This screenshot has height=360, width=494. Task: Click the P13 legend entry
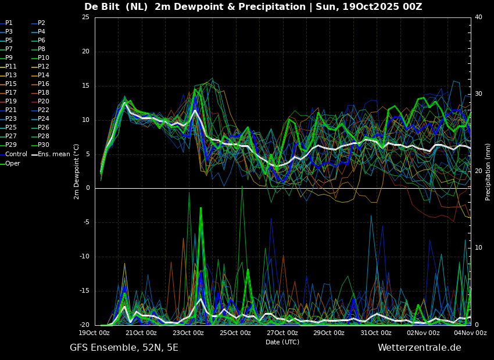coord(9,75)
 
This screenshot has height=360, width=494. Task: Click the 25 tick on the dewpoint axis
coord(85,17)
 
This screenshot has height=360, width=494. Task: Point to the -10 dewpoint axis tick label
coord(84,257)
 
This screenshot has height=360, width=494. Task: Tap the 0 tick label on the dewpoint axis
coord(88,188)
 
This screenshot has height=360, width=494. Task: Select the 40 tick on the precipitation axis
coord(478,17)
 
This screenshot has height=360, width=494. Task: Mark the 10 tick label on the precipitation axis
coord(478,248)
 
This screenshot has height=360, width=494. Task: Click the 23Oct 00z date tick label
coord(188,333)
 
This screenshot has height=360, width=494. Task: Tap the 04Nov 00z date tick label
coord(471,333)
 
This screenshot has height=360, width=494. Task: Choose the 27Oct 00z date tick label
coord(282,333)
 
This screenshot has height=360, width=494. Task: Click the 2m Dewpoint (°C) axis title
coord(76,171)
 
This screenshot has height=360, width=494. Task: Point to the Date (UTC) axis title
coord(282,342)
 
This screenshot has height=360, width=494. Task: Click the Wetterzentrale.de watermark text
coord(420,348)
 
